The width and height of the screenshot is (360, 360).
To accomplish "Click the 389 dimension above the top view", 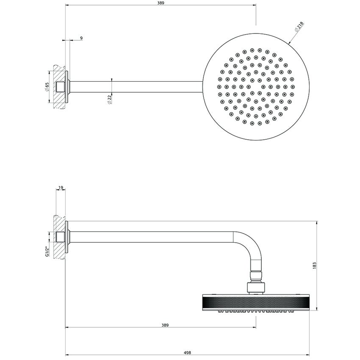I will (160, 3).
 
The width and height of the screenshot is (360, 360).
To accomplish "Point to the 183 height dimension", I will (314, 264).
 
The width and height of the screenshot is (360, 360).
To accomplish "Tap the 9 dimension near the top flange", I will (81, 38).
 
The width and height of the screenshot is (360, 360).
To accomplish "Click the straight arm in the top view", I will (136, 88).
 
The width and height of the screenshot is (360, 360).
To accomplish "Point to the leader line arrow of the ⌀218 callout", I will (290, 42).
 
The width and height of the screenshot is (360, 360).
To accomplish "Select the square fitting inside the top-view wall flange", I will (61, 88).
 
